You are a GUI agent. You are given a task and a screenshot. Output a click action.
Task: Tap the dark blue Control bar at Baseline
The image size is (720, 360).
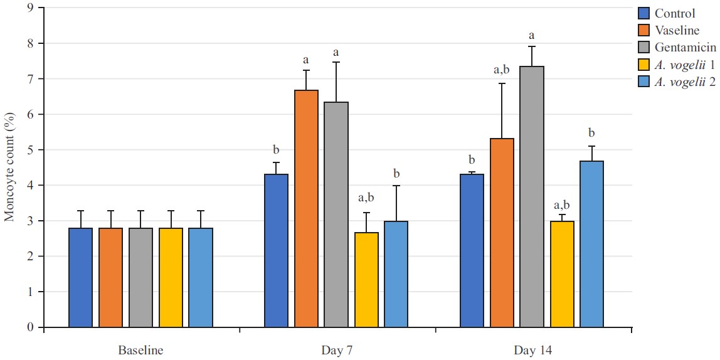(x=80, y=278)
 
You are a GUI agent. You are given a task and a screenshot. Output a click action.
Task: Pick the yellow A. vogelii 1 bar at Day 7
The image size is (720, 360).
(x=366, y=280)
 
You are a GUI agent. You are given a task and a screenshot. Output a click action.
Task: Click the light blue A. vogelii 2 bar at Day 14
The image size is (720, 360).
(x=591, y=245)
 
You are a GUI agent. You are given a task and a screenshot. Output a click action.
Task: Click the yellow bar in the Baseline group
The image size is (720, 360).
(x=171, y=278)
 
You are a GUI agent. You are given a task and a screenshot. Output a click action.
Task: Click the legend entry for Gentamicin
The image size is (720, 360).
(x=686, y=47)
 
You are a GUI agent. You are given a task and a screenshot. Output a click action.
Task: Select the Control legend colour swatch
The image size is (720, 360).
(x=642, y=14)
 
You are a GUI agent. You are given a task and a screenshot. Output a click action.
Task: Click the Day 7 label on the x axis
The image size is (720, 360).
(x=336, y=350)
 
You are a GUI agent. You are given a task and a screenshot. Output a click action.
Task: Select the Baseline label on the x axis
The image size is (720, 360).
(x=140, y=350)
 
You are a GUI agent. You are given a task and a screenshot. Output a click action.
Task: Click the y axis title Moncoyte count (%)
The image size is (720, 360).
(x=9, y=167)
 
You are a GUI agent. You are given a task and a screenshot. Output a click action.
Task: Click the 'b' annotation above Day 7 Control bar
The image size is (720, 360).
(x=276, y=150)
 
